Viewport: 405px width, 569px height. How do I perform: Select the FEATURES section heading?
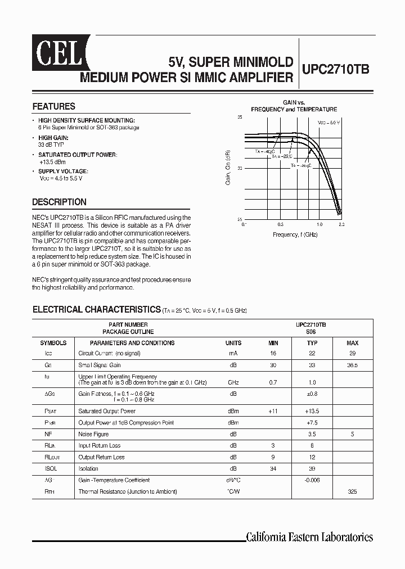(x=53, y=106)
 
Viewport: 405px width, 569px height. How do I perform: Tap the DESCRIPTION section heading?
(x=59, y=202)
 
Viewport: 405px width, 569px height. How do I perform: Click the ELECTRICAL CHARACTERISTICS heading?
(x=96, y=309)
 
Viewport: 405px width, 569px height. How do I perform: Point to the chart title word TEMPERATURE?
(x=317, y=109)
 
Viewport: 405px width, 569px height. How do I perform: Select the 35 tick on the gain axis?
(x=240, y=117)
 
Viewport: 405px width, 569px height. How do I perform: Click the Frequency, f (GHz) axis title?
(x=295, y=234)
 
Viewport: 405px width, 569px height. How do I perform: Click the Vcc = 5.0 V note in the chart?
(x=328, y=122)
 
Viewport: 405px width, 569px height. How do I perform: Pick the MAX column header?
(x=352, y=342)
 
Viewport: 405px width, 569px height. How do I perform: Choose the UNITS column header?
(x=233, y=342)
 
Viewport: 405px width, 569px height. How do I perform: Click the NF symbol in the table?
(x=48, y=434)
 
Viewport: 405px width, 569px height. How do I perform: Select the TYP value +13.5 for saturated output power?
(x=313, y=411)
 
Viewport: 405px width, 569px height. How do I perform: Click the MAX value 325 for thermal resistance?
(x=352, y=491)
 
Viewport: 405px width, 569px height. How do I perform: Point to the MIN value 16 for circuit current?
(x=273, y=354)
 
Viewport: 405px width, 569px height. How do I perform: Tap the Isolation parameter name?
(x=88, y=468)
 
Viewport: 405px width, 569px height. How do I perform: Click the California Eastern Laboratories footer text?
(x=309, y=536)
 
